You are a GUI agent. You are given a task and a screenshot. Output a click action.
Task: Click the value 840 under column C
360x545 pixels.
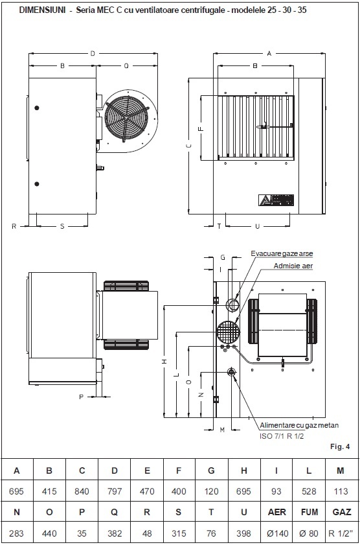82,491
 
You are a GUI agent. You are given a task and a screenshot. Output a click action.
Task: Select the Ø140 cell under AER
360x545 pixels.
276,533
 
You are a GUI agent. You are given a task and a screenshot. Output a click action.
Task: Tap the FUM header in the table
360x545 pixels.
309,512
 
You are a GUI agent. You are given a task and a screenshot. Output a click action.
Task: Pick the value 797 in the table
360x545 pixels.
115,491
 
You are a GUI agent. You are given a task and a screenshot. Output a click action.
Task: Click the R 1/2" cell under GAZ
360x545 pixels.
341,533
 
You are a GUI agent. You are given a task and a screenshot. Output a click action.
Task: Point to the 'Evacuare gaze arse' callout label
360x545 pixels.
282,254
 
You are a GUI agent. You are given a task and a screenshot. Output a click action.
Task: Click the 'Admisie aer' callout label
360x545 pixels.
293,266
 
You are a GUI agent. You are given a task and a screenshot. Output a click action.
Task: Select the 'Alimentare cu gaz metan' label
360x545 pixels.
299,425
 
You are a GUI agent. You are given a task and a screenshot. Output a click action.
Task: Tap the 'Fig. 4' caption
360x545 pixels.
340,446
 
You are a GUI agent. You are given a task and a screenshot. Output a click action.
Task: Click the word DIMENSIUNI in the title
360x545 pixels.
42,10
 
